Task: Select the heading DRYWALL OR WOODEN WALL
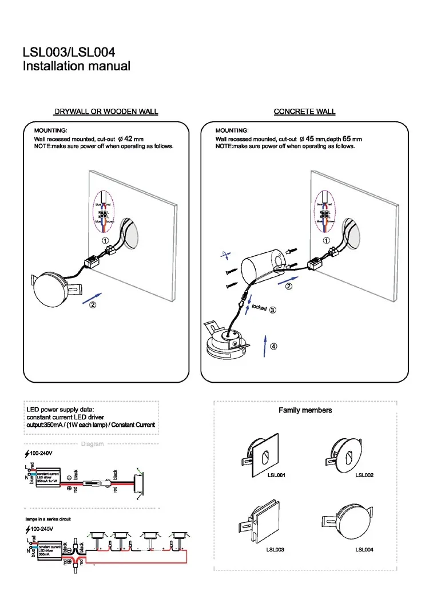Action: pos(106,112)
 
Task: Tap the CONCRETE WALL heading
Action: pos(304,112)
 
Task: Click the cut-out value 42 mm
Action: pos(134,139)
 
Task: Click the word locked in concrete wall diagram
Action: pos(259,308)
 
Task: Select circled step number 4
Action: pos(274,346)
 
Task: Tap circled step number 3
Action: pos(273,310)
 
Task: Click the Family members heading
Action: pos(305,410)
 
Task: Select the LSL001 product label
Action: pos(276,475)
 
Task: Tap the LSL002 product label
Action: pos(364,475)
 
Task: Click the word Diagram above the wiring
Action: pos(92,444)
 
